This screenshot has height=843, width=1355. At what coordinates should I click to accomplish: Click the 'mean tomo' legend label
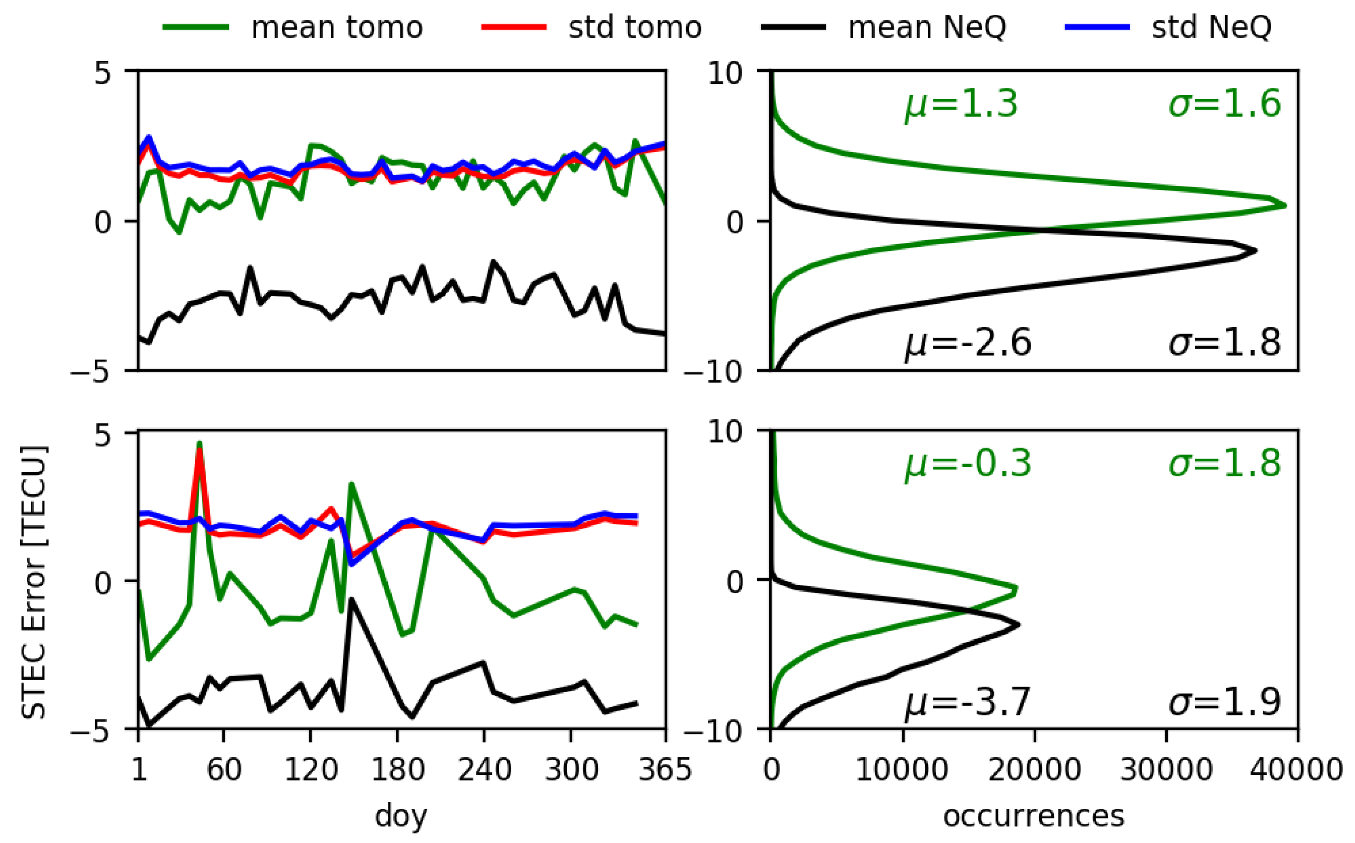click(x=337, y=27)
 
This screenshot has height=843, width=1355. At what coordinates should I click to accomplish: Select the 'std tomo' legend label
click(x=634, y=27)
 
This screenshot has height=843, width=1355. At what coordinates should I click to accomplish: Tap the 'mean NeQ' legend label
click(x=927, y=27)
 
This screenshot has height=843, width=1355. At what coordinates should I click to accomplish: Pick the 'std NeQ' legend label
click(x=1212, y=27)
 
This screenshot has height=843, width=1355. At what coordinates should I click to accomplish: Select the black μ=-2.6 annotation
click(x=968, y=343)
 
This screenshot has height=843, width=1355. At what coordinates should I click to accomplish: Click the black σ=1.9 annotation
click(x=1224, y=702)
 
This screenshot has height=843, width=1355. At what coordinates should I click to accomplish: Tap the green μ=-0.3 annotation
click(x=968, y=464)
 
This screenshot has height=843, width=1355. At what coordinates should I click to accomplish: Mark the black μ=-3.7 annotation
click(x=968, y=702)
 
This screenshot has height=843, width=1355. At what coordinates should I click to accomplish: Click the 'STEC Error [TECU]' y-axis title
click(x=34, y=582)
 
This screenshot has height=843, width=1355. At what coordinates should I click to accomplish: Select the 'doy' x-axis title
click(x=401, y=816)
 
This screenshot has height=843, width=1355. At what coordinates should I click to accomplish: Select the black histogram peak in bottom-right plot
click(x=1018, y=624)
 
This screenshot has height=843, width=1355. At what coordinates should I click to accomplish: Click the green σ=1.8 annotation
click(x=1224, y=464)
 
